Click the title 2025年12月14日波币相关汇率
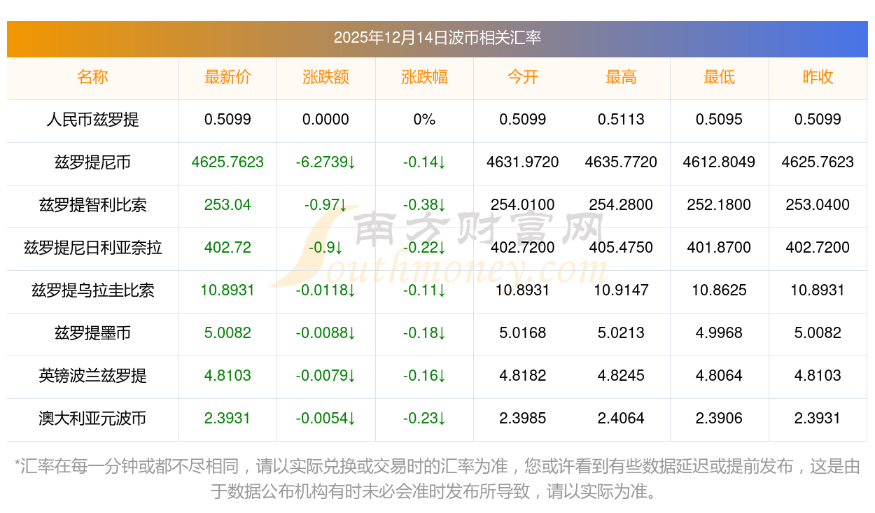click(x=437, y=38)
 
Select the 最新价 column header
click(x=227, y=78)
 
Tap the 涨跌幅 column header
click(x=424, y=78)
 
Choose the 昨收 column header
click(x=818, y=78)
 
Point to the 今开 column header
click(x=523, y=78)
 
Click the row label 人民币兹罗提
click(x=92, y=120)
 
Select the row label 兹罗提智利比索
click(x=92, y=205)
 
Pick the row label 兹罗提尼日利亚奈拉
click(x=92, y=248)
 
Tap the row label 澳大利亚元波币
click(x=92, y=419)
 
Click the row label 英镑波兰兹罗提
click(x=92, y=376)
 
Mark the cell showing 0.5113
click(x=621, y=120)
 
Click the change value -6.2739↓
click(x=325, y=162)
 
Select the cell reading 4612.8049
click(x=719, y=162)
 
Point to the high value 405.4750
click(x=621, y=248)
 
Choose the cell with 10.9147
click(x=621, y=290)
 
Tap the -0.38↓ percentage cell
click(x=424, y=205)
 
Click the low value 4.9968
click(x=719, y=333)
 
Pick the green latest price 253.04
click(x=227, y=205)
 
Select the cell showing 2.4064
click(x=621, y=419)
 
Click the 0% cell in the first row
click(x=424, y=120)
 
